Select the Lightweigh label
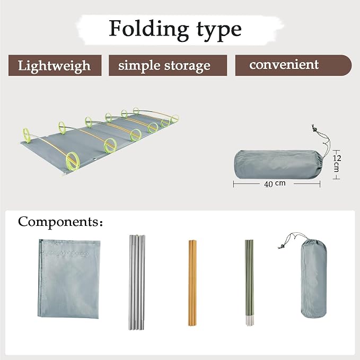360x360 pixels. (x=54, y=66)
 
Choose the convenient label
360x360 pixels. (x=284, y=65)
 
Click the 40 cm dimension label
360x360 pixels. (x=275, y=183)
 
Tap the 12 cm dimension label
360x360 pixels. (x=337, y=163)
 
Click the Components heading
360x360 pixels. (x=60, y=222)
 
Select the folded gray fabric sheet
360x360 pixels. (x=69, y=279)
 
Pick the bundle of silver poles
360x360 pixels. (x=137, y=282)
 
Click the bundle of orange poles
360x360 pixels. (x=192, y=283)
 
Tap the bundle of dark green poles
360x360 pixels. (x=249, y=283)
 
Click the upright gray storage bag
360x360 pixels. (x=314, y=278)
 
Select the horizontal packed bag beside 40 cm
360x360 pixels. (x=278, y=164)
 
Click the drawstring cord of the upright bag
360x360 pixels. (x=292, y=239)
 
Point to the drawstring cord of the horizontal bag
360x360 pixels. (x=327, y=141)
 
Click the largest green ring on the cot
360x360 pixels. (x=72, y=161)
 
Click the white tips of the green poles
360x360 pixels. (x=249, y=321)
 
